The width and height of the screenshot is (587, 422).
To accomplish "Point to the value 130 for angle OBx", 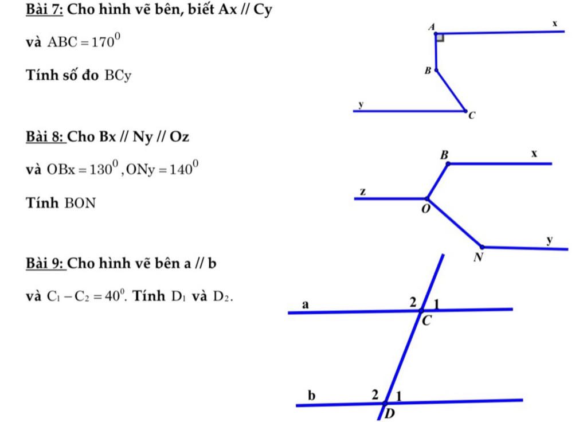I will (103, 170).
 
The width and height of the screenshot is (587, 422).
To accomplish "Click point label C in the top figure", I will (472, 116).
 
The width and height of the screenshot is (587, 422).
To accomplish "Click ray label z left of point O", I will (362, 191).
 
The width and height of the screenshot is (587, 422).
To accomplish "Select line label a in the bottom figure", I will (306, 304).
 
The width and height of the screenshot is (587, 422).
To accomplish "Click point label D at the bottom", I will (390, 414).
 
